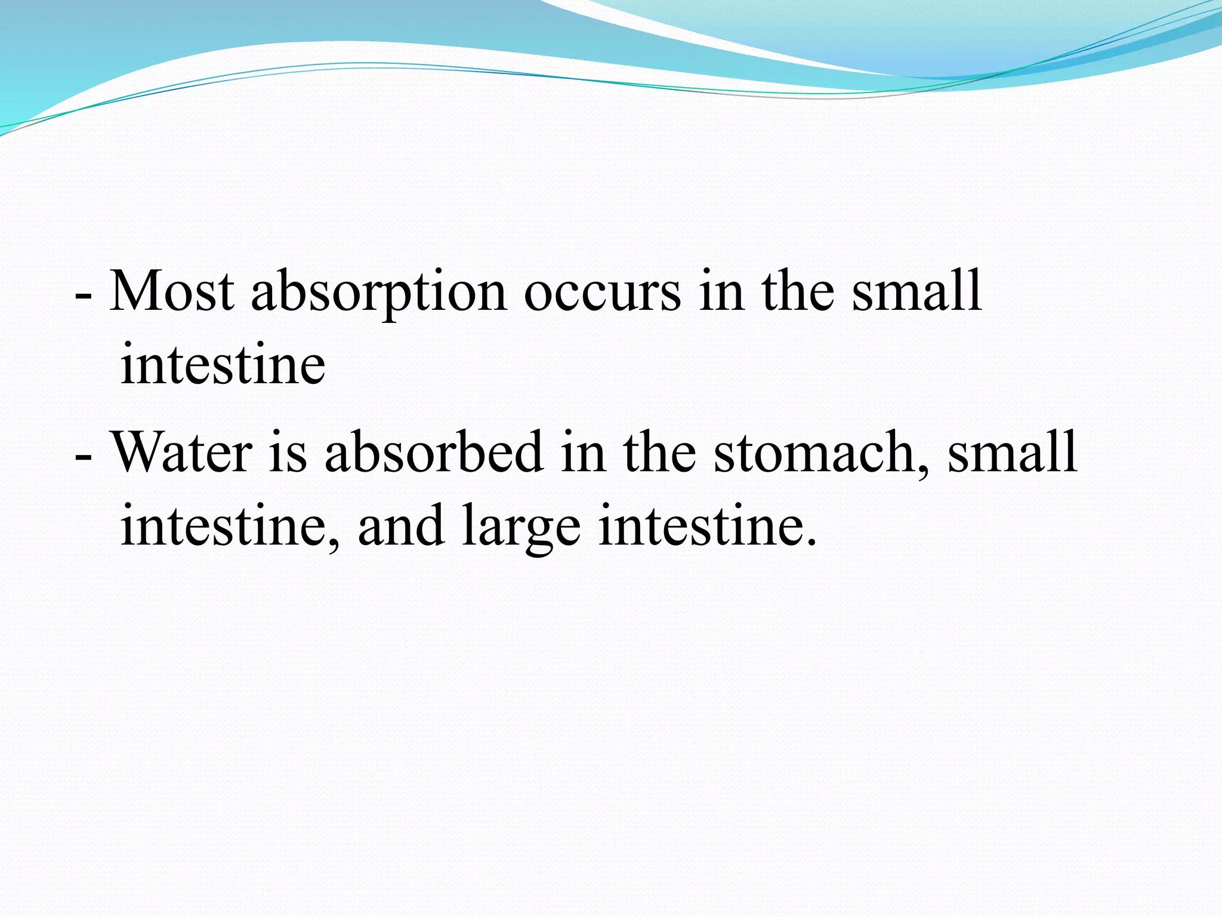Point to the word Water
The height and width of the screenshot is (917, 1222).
[182, 452]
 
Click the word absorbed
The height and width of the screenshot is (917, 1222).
[434, 452]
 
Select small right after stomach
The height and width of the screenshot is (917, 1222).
[1012, 452]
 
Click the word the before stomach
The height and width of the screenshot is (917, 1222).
[659, 452]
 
